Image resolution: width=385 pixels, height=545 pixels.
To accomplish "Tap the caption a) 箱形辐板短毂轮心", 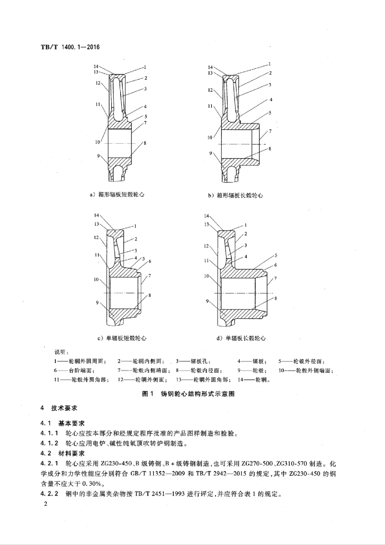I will coord(116,195).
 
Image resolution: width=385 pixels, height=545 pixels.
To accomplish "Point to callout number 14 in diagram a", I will coord(97,67).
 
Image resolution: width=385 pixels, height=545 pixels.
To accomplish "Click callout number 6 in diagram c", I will coord(150,261).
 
